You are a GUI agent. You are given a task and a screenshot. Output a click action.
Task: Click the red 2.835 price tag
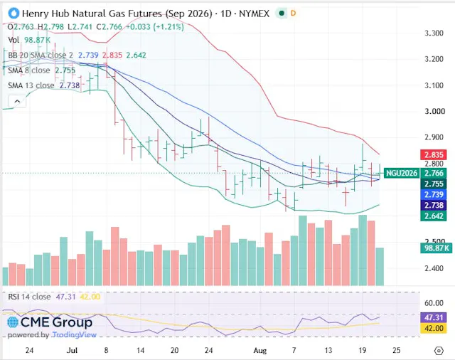[x=434, y=154]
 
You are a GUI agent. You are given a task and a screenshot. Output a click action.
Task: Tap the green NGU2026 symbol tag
[x=402, y=174]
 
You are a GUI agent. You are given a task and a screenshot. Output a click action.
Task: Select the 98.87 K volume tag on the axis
[x=436, y=248]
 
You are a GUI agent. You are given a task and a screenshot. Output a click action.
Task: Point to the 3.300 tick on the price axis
[x=434, y=33]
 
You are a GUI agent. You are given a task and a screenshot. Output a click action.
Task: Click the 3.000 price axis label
[x=434, y=112]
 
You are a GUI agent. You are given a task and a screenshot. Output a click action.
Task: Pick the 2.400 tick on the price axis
[x=434, y=268]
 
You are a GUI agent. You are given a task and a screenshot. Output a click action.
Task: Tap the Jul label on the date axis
[x=72, y=351]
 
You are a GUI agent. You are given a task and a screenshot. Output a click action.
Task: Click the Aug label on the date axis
[x=259, y=351]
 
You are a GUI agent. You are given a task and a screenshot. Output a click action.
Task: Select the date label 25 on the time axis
[x=397, y=351]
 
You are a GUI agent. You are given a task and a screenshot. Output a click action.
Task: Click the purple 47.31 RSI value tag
[x=434, y=317]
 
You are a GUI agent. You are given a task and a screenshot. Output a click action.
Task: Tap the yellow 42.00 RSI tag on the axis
[x=434, y=329]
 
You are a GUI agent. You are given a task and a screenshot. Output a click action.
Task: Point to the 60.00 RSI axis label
[x=434, y=303]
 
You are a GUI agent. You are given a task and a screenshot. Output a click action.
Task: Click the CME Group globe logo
[x=13, y=322]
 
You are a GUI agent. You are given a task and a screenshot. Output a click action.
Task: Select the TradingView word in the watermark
[x=74, y=335]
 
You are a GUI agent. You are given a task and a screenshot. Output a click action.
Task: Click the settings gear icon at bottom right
[x=439, y=351]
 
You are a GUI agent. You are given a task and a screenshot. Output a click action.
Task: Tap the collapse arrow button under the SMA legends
[x=17, y=101]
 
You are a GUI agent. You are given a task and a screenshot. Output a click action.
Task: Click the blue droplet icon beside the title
[x=14, y=14]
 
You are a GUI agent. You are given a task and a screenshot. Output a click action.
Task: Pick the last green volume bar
[x=380, y=267]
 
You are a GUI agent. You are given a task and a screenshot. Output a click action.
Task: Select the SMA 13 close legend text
[x=31, y=85]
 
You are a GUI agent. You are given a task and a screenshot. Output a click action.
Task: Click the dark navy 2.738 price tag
[x=434, y=206]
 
